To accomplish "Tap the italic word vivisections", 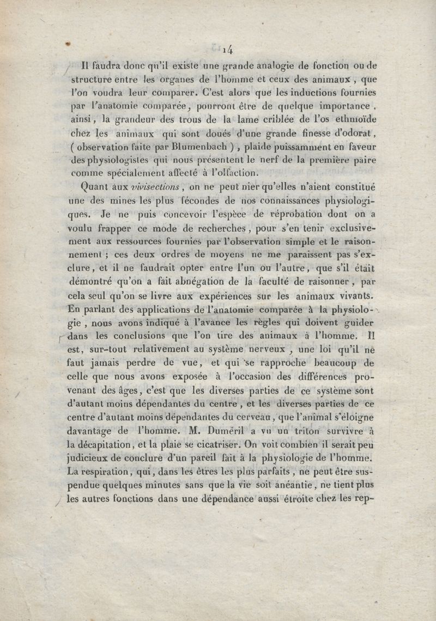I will coord(155,186).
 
